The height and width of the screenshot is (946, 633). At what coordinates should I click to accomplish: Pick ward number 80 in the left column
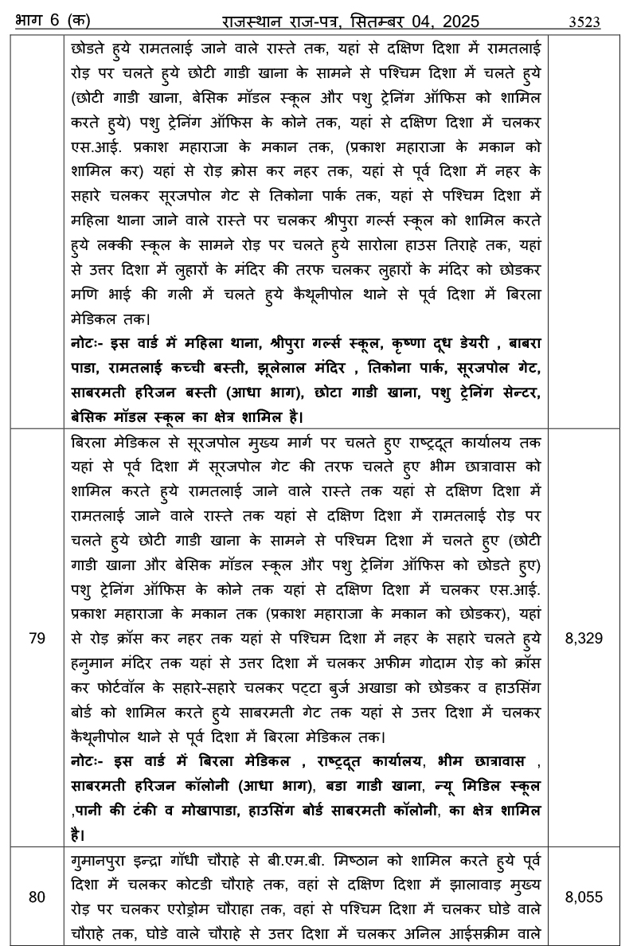(37, 897)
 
